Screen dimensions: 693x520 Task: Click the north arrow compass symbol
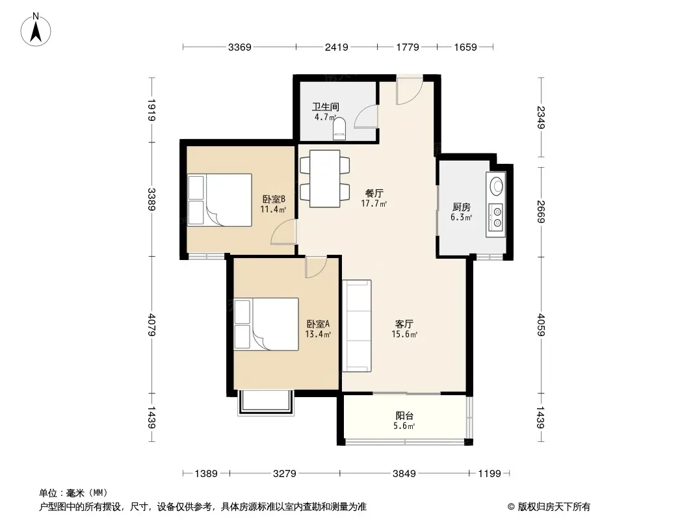coord(36,30)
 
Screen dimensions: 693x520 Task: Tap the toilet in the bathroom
coord(339,129)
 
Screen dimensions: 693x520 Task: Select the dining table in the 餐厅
coord(325,179)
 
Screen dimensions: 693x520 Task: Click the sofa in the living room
coord(357,326)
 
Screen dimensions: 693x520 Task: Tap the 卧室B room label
coord(274,199)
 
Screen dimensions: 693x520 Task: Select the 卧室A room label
coord(318,324)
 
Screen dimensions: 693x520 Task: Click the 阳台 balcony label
coord(404,416)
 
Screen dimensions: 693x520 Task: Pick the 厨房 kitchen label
coord(462,207)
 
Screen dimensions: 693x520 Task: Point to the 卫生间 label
coord(326,107)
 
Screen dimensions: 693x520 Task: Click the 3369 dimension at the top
coord(239,47)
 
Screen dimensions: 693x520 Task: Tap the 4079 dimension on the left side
coord(151,325)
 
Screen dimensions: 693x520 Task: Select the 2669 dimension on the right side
coord(540,212)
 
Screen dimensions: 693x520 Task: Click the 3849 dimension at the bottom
coord(404,474)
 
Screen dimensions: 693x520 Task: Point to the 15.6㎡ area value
coord(404,335)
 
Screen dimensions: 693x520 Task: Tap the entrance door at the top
coord(410,90)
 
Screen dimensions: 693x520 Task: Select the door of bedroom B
coord(283,232)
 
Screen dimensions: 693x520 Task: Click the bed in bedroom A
coord(266,324)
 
